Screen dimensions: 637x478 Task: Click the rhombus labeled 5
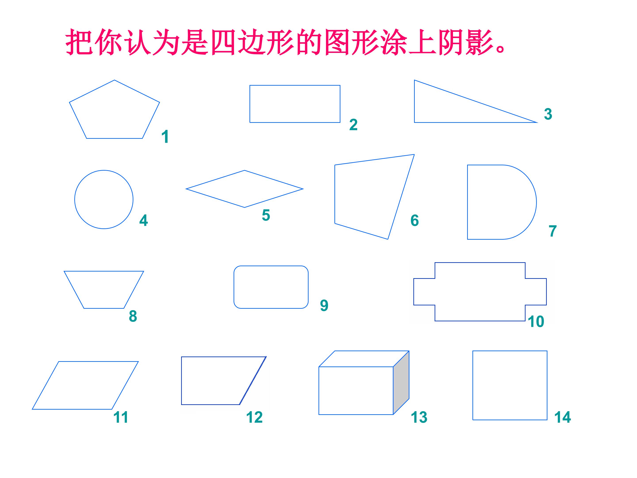pyautogui.click(x=215, y=179)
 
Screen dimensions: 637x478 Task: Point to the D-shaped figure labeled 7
pyautogui.click(x=467, y=202)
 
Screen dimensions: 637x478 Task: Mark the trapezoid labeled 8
pyautogui.click(x=104, y=271)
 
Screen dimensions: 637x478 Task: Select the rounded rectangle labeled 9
pyautogui.click(x=271, y=266)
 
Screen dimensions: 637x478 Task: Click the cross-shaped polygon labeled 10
pyautogui.click(x=480, y=262)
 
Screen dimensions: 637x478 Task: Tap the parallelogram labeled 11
pyautogui.click(x=98, y=361)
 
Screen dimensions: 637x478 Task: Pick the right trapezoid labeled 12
pyautogui.click(x=181, y=381)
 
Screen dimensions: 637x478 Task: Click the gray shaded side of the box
pyautogui.click(x=401, y=383)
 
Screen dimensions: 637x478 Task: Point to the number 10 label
pyautogui.click(x=536, y=322)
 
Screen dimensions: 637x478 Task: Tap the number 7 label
pyautogui.click(x=553, y=231)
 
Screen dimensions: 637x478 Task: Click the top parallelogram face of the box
pyautogui.click(x=364, y=359)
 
